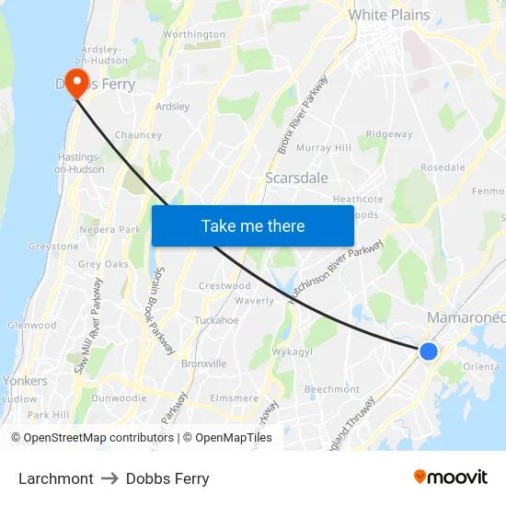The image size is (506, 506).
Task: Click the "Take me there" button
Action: (252, 225)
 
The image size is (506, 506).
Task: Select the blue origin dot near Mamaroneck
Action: (428, 351)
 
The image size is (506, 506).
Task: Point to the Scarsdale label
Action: (296, 178)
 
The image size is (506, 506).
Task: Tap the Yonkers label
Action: (25, 381)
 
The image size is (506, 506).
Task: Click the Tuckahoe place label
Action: (216, 320)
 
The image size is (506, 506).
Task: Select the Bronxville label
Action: (204, 363)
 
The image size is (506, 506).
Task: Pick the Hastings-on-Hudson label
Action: (79, 163)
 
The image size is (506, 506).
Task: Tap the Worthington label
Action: (193, 35)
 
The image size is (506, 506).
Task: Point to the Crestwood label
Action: (225, 286)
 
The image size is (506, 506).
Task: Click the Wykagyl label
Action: (293, 352)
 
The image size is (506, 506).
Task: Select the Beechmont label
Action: (331, 389)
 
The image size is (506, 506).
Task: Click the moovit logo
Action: (450, 477)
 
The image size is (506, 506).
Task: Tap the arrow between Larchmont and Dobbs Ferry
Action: (109, 478)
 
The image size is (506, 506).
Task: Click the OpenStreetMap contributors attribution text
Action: (93, 438)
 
